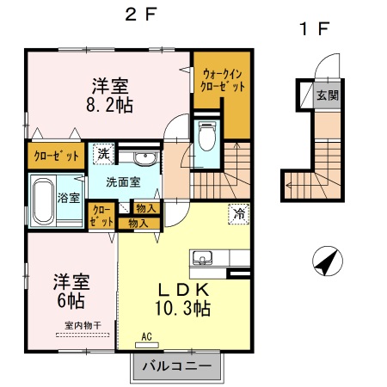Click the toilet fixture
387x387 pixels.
(x=206, y=138)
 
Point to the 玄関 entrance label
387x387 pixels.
(x=325, y=95)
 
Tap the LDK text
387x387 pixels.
(x=183, y=287)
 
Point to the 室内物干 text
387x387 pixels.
(x=83, y=325)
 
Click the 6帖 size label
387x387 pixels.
(x=71, y=301)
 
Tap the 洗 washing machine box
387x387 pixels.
(x=103, y=154)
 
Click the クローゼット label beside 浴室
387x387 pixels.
(x=101, y=216)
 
